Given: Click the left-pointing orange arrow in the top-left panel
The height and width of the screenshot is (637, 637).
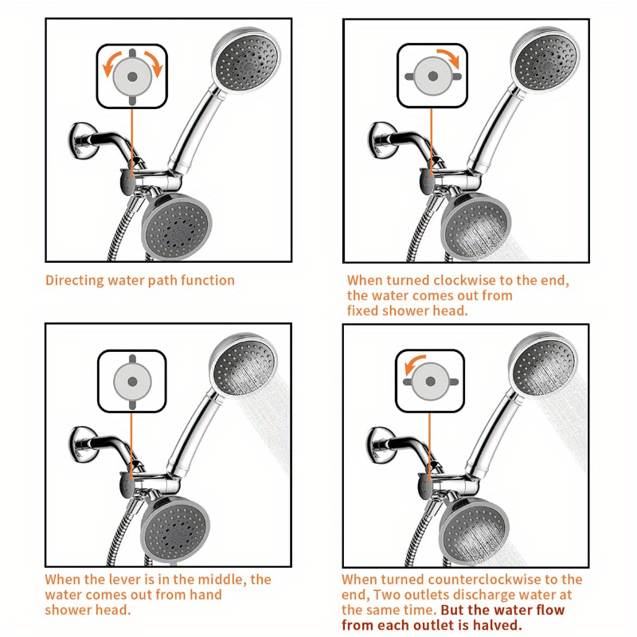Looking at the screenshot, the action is pos(109,63).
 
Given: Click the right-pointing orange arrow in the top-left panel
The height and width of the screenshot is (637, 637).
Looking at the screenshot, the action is pos(155,63).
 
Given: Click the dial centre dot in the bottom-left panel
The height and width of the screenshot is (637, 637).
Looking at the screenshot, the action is pos(132,381).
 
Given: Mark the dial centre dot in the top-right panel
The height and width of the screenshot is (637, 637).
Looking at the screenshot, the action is pos(432,76).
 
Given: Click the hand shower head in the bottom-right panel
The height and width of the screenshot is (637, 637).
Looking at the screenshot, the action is pos(542,367).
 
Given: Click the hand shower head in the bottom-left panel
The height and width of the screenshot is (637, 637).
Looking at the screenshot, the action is pos(244,367).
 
